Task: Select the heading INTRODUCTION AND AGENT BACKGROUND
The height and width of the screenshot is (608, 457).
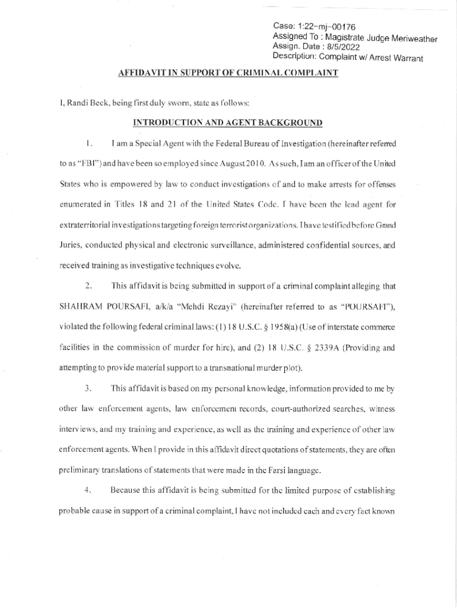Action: (228, 123)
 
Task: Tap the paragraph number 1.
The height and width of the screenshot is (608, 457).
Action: (88, 143)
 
